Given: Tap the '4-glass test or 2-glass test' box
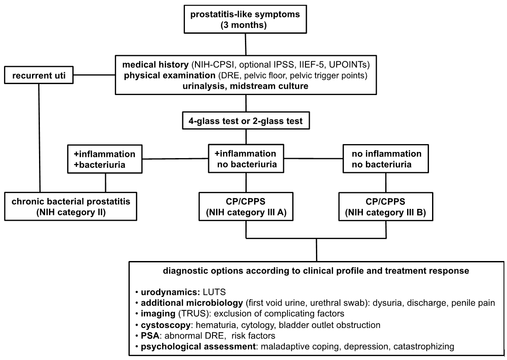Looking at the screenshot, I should tap(246, 121).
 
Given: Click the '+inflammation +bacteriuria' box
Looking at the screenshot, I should tap(105, 159).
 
